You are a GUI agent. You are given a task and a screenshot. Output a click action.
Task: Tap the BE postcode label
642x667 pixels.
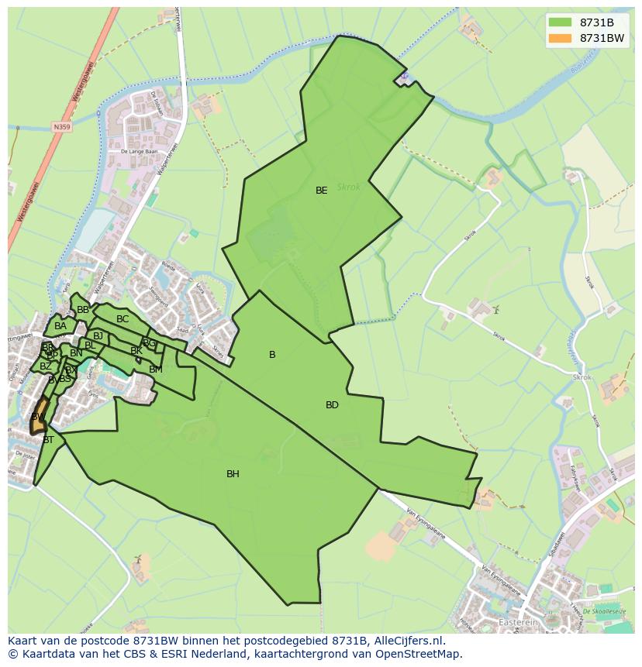point(321,191)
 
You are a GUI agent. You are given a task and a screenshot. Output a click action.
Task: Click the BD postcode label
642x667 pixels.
point(332,405)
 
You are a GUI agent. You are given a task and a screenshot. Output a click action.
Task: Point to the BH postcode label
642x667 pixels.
point(233,474)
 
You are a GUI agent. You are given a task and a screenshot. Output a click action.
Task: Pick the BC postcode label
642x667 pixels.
point(123,319)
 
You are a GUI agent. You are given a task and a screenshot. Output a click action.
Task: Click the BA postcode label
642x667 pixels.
point(60,326)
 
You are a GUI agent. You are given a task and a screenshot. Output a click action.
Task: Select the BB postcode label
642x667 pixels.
point(83,310)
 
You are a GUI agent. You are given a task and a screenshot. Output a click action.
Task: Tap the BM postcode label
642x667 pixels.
point(156,370)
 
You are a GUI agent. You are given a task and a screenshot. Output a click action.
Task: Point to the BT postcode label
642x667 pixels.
point(48,440)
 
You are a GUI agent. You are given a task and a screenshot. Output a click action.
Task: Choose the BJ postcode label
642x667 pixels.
point(98,336)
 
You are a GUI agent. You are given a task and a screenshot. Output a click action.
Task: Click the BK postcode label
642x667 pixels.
point(136,351)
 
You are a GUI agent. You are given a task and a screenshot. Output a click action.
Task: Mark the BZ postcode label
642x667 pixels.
point(46,366)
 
